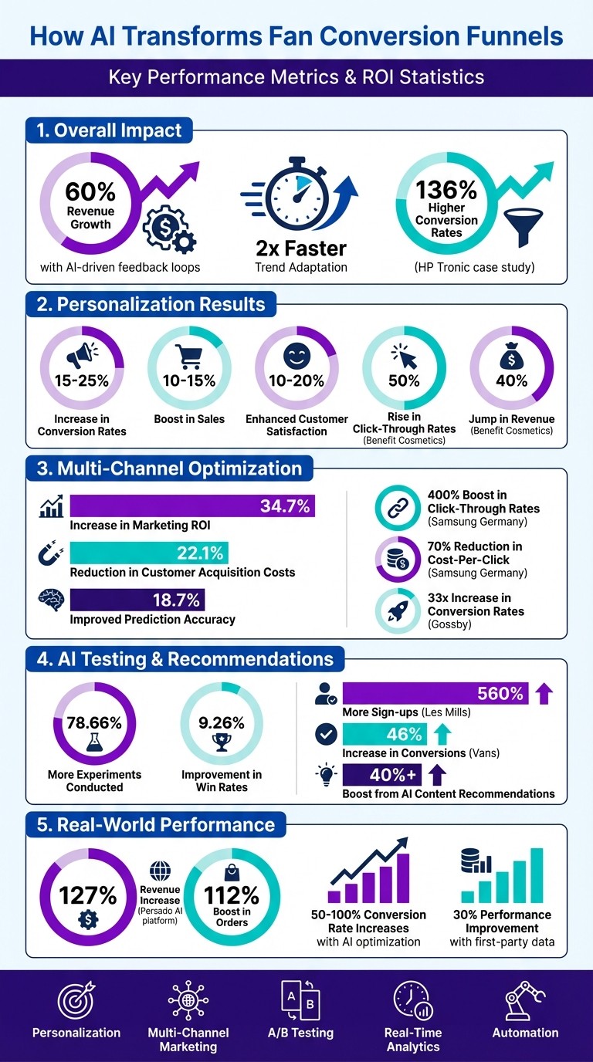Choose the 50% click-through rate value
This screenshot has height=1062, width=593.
click(404, 380)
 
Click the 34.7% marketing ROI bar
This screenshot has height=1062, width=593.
click(192, 506)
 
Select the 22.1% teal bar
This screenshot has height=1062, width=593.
click(149, 553)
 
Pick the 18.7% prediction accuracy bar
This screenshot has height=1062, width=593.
click(137, 599)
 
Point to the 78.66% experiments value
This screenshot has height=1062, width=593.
click(94, 723)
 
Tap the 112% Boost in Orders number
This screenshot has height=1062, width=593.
click(232, 895)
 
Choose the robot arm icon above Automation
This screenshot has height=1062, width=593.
click(525, 1001)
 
